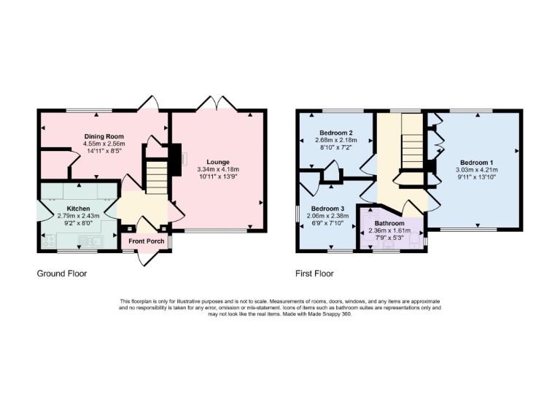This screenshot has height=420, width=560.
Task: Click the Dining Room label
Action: [x=104, y=136]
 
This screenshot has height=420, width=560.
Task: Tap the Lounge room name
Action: [x=218, y=162]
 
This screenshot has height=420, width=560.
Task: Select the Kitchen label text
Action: [x=78, y=209]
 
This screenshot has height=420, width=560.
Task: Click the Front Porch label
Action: [x=146, y=241]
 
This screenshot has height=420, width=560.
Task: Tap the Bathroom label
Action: [x=393, y=223]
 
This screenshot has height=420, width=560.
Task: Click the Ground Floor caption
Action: [x=62, y=274]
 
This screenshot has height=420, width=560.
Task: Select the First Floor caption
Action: [x=314, y=274]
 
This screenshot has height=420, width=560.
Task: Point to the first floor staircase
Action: [x=413, y=149]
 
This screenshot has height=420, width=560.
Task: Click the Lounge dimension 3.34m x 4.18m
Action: [x=218, y=170]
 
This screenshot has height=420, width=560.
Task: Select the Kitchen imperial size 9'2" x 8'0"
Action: [x=78, y=224]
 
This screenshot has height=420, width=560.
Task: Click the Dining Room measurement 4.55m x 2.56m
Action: [x=104, y=144]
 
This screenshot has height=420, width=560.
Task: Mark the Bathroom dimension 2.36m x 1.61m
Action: [x=393, y=230]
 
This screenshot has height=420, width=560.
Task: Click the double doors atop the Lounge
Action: [x=218, y=102]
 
